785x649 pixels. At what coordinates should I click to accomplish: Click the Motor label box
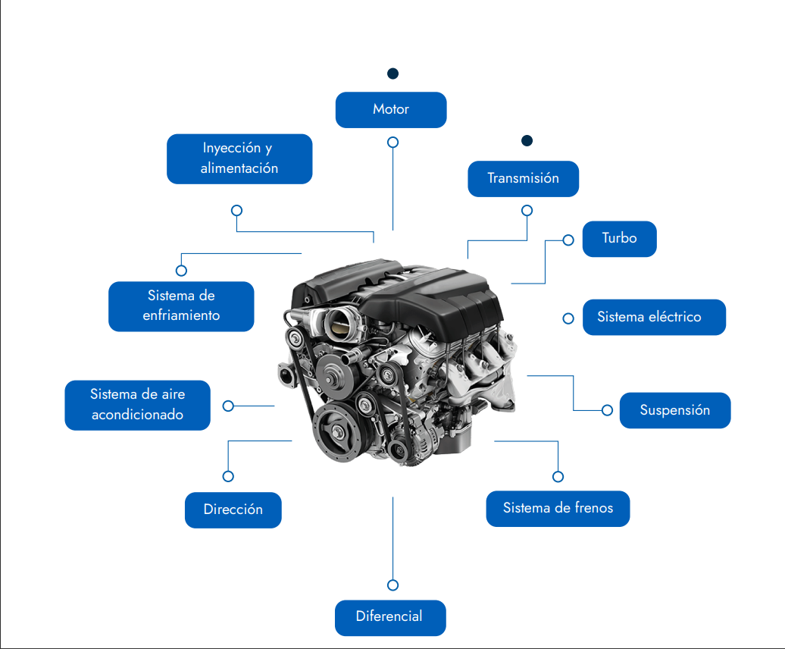click(391, 110)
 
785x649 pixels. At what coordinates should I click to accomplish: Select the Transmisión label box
click(523, 179)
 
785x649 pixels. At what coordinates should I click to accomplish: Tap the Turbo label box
click(619, 239)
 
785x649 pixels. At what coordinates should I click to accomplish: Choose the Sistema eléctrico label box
click(653, 317)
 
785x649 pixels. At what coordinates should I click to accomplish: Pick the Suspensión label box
click(674, 410)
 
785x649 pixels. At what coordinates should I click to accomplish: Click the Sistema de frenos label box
click(558, 508)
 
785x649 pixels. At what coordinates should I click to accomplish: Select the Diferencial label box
click(389, 617)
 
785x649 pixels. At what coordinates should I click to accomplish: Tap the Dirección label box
click(233, 509)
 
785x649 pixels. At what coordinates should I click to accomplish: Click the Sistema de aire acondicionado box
click(137, 405)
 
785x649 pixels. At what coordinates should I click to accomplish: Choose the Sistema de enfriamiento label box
click(181, 306)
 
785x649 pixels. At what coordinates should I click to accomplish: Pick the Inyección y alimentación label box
click(239, 158)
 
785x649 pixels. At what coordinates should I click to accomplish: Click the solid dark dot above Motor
click(392, 74)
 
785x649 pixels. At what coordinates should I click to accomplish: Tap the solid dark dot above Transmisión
click(527, 141)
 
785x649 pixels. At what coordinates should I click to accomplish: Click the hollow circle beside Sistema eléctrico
click(568, 318)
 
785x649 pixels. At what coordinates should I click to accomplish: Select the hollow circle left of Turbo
click(568, 240)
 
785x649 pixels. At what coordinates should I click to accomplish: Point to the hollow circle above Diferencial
click(392, 585)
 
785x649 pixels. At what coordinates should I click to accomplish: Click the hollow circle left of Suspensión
click(607, 410)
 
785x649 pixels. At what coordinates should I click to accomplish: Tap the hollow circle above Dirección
click(228, 476)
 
